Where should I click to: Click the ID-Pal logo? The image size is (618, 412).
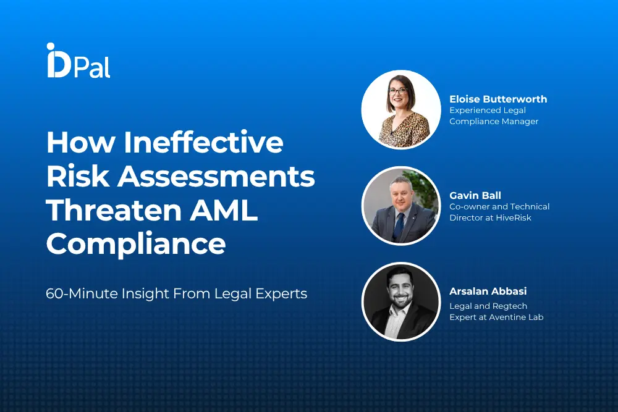click(x=78, y=61)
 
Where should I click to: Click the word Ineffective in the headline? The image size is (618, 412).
click(x=203, y=142)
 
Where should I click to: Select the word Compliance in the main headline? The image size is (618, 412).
click(x=136, y=245)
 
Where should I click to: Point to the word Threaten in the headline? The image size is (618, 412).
click(x=114, y=210)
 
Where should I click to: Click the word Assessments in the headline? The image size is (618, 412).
click(x=216, y=176)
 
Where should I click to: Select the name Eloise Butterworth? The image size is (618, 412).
click(x=498, y=99)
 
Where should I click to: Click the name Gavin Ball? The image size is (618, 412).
click(x=475, y=195)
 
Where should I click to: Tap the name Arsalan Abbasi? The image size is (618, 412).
click(x=488, y=291)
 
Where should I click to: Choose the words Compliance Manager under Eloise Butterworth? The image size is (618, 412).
click(x=494, y=121)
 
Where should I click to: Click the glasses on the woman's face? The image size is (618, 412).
click(x=398, y=91)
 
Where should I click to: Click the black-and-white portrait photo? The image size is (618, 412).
click(x=401, y=301)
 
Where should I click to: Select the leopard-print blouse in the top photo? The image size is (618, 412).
click(x=404, y=130)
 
